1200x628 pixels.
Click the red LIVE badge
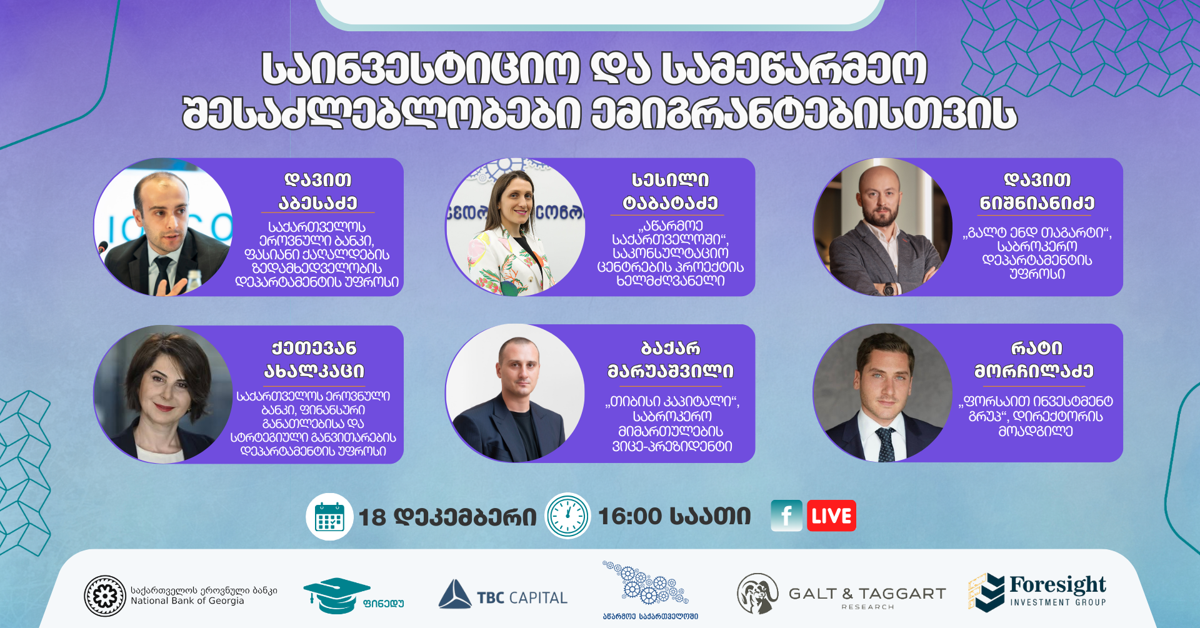point(831,516)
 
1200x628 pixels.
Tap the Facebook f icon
point(787,516)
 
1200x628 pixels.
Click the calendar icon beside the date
point(329,517)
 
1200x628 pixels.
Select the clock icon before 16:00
point(567,516)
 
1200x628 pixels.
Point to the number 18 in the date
point(372,517)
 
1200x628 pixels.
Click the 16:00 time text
point(630,516)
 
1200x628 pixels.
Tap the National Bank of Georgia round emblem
point(105,596)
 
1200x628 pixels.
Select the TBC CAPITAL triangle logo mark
point(454,594)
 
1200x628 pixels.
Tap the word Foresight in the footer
point(1057,585)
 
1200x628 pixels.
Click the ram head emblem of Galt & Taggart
point(757,594)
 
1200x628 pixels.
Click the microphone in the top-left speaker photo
point(102,248)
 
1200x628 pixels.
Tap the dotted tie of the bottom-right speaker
point(885,444)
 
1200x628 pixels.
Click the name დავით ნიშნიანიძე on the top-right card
point(1037,191)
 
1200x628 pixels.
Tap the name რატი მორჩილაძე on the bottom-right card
point(1034,359)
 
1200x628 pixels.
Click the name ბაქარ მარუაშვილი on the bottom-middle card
point(671,359)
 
